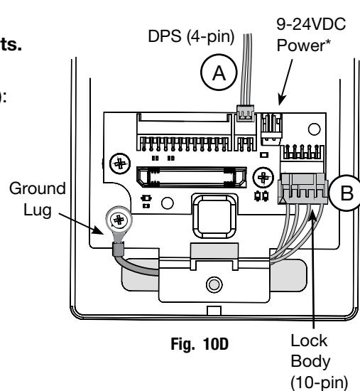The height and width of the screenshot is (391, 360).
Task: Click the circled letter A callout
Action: (219, 73)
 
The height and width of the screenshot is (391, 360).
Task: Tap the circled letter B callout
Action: (346, 193)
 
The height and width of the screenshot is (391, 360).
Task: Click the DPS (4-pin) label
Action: (191, 37)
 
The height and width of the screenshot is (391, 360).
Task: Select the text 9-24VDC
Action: (311, 24)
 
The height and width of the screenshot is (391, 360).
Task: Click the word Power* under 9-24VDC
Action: (304, 45)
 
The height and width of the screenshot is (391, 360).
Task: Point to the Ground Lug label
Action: (38, 199)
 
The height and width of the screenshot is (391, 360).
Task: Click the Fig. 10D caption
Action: (200, 344)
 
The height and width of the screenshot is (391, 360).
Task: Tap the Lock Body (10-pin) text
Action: (320, 362)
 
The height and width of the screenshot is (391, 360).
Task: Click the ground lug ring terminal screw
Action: (119, 220)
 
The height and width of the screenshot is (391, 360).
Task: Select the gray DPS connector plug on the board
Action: (246, 113)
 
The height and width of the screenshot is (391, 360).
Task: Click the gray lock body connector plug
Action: (303, 189)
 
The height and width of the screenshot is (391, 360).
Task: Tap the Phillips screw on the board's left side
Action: (120, 164)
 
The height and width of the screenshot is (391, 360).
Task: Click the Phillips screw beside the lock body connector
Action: (263, 178)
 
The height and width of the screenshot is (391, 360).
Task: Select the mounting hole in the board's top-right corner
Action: (314, 129)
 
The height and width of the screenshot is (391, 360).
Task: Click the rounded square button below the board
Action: (214, 216)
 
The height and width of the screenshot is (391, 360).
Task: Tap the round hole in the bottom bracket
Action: (214, 284)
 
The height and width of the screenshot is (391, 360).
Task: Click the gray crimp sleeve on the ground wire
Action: (119, 249)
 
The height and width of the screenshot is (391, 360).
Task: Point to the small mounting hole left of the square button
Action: (168, 203)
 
